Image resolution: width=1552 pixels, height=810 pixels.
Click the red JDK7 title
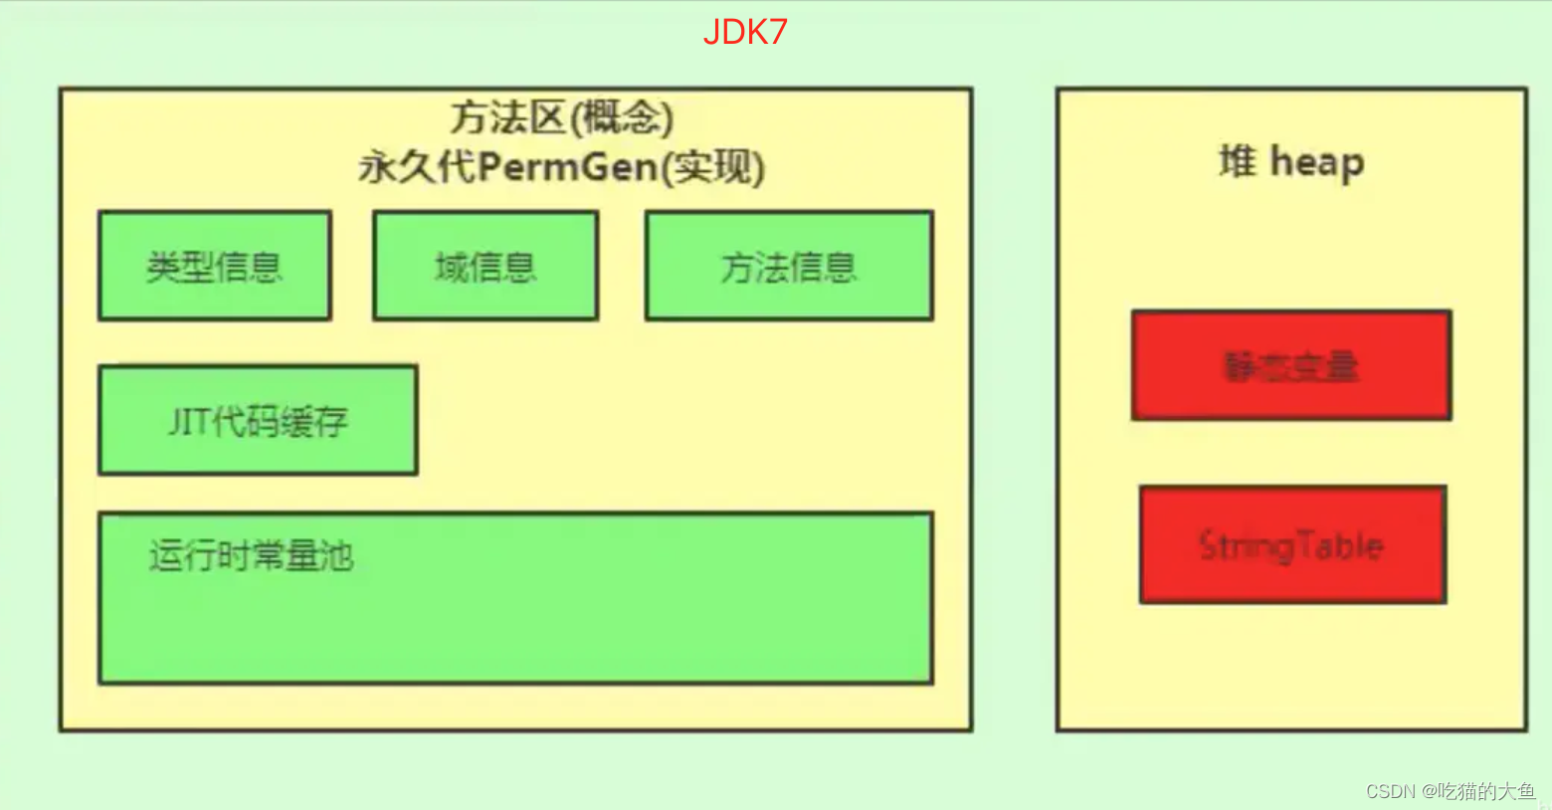745,32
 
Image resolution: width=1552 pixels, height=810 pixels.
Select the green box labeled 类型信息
214,266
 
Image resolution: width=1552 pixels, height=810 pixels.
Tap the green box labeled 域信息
485,266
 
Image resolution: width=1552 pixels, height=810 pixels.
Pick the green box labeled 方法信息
789,266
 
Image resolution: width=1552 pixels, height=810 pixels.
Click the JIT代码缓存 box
258,421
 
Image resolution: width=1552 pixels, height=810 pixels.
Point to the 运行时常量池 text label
252,555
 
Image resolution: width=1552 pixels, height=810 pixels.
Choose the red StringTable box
1292,545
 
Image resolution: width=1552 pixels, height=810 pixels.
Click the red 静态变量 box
1291,366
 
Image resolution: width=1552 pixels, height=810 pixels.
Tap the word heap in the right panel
1317,162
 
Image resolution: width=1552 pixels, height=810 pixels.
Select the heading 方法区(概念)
562,118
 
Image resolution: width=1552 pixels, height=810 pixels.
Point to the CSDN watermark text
1390,791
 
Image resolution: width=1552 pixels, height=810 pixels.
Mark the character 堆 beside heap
1238,161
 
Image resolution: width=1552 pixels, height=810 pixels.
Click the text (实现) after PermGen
713,167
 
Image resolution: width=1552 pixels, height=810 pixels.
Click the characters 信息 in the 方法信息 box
822,267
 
